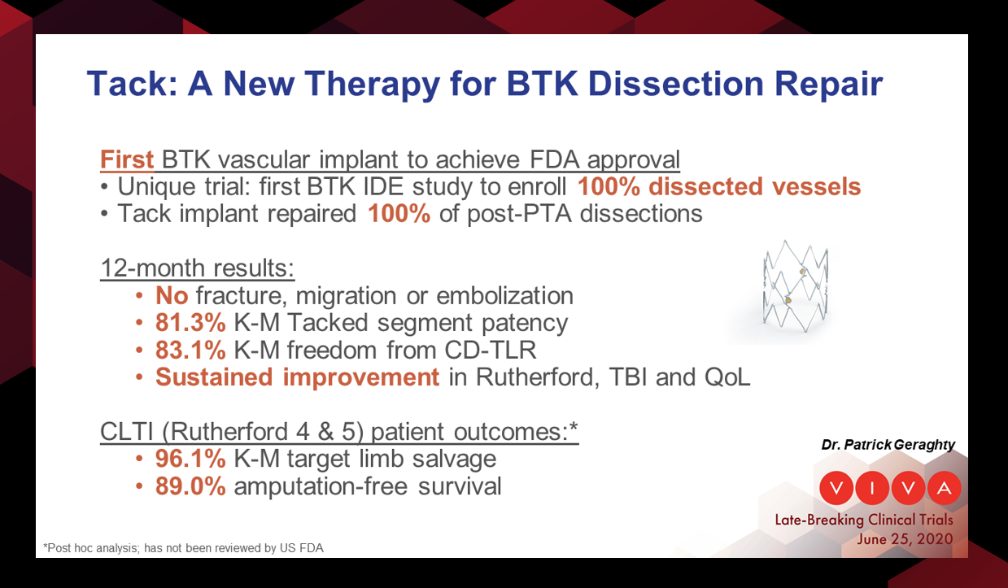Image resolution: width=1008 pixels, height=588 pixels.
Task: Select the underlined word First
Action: pos(127,159)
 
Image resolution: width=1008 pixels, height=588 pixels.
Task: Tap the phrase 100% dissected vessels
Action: pos(719,186)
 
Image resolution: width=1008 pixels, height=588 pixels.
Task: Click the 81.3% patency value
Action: pos(190,322)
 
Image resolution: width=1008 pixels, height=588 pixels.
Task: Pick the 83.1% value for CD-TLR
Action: pos(190,350)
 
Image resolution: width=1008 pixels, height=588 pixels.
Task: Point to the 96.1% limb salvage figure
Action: pos(190,459)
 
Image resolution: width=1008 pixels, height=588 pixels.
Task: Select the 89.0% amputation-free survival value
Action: pos(190,486)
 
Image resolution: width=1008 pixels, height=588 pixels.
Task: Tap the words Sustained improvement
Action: pos(297,377)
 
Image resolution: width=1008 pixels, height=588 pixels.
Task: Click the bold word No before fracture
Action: pos(171,294)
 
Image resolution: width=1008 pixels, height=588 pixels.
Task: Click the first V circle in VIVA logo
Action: pos(838,488)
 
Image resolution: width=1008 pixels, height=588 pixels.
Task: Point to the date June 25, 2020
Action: pos(905,539)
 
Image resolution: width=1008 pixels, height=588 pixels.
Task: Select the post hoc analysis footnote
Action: pos(183,548)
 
